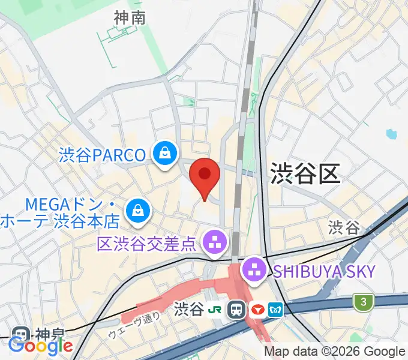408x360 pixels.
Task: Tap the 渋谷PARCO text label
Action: click(103, 155)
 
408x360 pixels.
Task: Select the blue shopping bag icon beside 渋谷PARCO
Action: click(164, 154)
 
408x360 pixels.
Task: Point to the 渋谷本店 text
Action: click(87, 221)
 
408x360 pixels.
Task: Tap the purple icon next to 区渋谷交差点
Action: click(215, 242)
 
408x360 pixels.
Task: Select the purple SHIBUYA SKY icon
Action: click(255, 269)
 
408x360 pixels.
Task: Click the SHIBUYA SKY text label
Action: click(324, 271)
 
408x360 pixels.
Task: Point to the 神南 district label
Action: click(130, 18)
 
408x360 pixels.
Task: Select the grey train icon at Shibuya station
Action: click(237, 310)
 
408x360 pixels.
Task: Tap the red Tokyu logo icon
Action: click(259, 310)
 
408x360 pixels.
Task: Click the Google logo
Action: click(40, 345)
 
